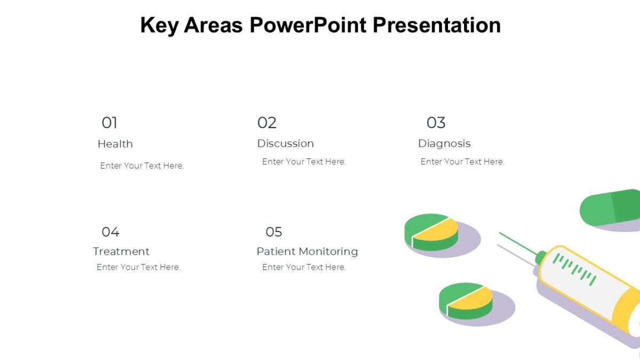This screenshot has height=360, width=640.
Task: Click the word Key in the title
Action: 159,25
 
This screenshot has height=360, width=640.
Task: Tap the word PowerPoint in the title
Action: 308,25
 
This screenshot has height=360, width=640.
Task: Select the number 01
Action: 109,123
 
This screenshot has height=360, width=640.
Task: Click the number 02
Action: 267,123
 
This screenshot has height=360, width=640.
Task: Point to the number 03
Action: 436,123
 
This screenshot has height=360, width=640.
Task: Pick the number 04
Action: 110,231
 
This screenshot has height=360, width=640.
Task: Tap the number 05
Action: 274,231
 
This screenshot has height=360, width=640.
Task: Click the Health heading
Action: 115,144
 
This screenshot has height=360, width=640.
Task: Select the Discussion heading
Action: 285,143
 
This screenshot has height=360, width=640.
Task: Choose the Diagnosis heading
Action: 444,143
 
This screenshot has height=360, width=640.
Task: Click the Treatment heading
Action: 121,251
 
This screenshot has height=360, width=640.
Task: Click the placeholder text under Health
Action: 142,166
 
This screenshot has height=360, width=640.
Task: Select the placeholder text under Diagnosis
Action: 462,162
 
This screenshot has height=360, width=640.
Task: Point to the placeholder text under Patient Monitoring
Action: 304,267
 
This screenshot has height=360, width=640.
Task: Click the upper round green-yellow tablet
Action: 431,231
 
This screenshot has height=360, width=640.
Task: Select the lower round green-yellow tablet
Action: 466,300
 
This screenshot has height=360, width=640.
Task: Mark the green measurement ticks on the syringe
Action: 574,268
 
